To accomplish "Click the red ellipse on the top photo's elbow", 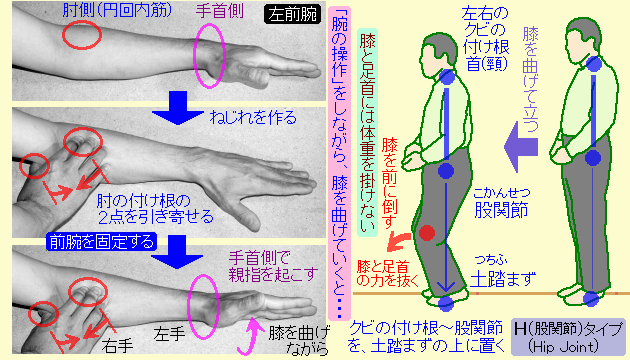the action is pyautogui.click(x=80, y=34).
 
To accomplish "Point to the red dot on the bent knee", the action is pyautogui.click(x=427, y=234).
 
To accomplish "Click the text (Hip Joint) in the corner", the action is pyautogui.click(x=566, y=346).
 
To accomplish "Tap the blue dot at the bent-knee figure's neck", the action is pyautogui.click(x=444, y=76).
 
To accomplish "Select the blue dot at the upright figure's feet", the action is pyautogui.click(x=591, y=297).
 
